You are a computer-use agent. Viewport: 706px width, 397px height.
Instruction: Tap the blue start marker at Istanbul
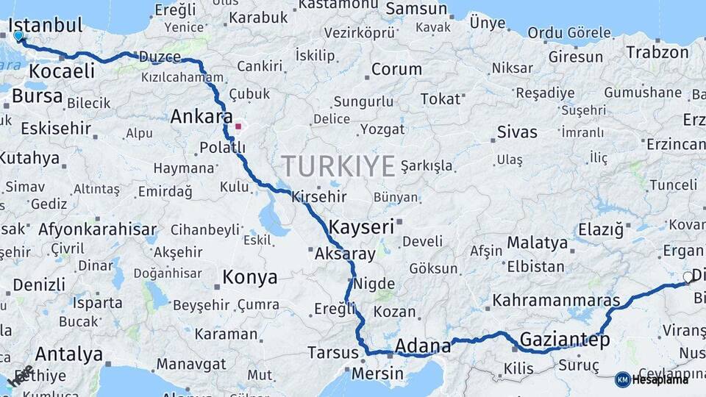(x=18, y=35)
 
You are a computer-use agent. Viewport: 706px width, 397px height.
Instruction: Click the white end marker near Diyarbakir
(x=688, y=277)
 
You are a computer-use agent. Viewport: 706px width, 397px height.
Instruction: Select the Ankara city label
(x=201, y=117)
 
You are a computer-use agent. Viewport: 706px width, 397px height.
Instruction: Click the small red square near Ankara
(x=238, y=126)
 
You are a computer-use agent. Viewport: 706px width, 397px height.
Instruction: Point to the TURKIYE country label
(x=338, y=166)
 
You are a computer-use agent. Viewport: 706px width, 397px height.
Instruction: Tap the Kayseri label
(x=361, y=226)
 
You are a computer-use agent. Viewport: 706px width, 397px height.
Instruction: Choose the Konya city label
(x=249, y=278)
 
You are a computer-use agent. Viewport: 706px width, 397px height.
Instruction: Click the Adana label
(x=422, y=346)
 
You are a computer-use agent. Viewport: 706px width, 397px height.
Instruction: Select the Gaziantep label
(x=564, y=340)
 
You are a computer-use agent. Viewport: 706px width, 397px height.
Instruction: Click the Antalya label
(x=68, y=354)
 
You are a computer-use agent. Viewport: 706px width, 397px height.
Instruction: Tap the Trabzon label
(x=657, y=52)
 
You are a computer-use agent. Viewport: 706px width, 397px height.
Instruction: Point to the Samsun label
(x=416, y=10)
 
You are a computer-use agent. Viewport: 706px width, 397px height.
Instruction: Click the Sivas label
(x=517, y=133)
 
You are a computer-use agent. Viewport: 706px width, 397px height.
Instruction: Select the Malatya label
(x=537, y=243)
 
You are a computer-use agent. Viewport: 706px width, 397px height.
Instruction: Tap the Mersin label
(x=378, y=373)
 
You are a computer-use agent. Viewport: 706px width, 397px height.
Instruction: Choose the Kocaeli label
(x=63, y=71)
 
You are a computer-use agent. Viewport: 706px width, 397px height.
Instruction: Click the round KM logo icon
(x=622, y=379)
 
